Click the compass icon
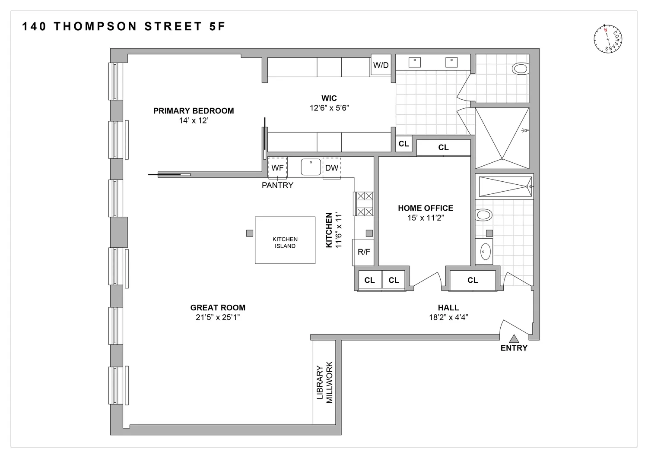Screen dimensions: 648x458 coord(608,39)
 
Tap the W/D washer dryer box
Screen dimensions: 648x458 coord(381,65)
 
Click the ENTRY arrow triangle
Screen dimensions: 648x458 coord(514,338)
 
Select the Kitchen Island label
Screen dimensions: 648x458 coord(285,243)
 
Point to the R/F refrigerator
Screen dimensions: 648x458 coord(363,252)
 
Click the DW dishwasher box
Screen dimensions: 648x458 coord(331,167)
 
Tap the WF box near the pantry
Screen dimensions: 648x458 coord(277,167)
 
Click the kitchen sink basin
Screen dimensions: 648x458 coord(311,167)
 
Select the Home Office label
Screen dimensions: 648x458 coord(426,208)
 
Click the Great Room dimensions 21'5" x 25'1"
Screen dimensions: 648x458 coord(218,317)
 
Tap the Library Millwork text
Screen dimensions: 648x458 coord(324,382)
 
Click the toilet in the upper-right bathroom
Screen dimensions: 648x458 coord(520,69)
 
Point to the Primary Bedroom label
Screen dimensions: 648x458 coord(194,111)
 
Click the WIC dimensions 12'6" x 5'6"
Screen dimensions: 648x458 coord(329,108)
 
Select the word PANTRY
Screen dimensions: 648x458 coord(277,185)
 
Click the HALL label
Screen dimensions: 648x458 coord(448,308)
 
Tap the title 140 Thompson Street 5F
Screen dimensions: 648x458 coord(124,26)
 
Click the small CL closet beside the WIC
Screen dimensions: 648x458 coord(404,144)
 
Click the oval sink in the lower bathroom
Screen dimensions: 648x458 coord(486,252)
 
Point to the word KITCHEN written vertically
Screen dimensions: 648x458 coord(329,230)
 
